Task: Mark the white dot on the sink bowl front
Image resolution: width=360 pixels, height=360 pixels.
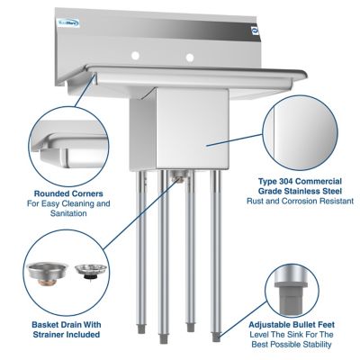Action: (205, 144)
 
